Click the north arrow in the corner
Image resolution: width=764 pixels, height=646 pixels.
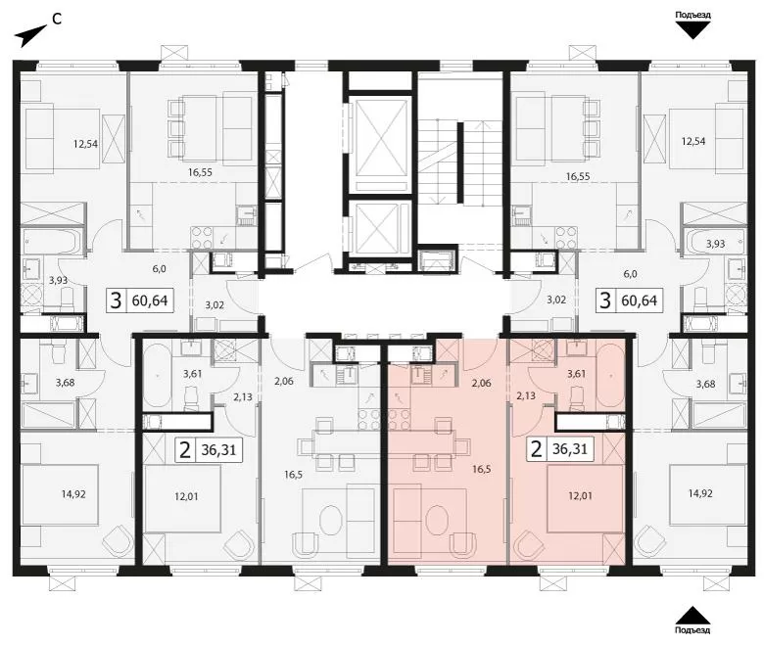[x=30, y=36]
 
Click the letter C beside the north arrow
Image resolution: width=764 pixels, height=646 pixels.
[x=57, y=20]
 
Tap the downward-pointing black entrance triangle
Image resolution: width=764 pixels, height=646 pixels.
[x=692, y=31]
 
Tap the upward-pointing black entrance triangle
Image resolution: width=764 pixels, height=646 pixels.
[x=692, y=615]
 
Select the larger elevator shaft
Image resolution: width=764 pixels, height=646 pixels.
[x=381, y=144]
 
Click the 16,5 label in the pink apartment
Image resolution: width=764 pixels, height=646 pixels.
[x=481, y=469]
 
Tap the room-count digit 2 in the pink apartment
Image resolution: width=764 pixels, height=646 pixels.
[x=536, y=449]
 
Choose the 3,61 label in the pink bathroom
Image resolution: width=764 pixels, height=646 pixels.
[x=576, y=373]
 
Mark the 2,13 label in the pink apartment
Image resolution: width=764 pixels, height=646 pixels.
[x=526, y=395]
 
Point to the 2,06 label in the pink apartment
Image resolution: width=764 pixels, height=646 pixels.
[x=481, y=383]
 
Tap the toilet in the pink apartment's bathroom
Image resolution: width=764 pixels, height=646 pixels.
[x=577, y=395]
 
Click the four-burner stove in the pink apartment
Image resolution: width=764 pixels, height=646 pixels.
[x=399, y=419]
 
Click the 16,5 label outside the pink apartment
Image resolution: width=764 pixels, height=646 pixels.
[x=293, y=474]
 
